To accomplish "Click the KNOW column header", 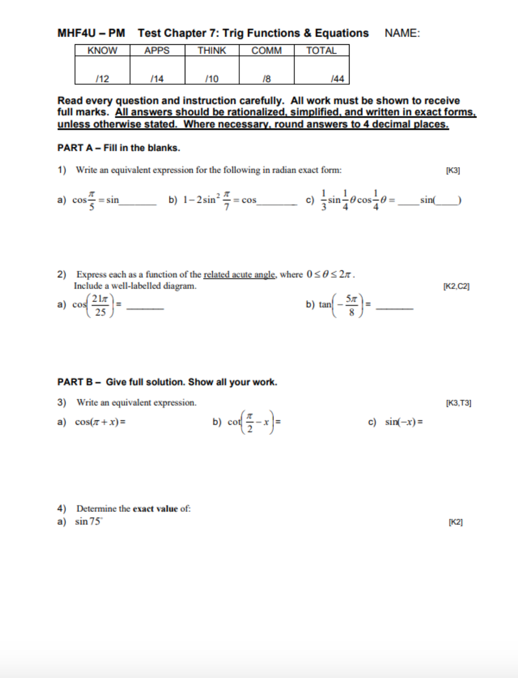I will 102,51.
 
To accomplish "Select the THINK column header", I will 211,51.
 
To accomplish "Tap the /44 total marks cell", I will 337,79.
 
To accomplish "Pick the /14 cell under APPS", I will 157,79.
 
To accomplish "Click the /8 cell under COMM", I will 266,79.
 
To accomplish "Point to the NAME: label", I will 402,33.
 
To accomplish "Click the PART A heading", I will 118,148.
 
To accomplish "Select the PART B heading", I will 167,382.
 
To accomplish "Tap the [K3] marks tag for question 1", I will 453,170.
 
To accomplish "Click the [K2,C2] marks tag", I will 456,286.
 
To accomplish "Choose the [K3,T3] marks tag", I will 458,403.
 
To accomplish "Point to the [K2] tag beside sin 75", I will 455,522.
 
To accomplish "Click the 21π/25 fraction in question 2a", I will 100,305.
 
